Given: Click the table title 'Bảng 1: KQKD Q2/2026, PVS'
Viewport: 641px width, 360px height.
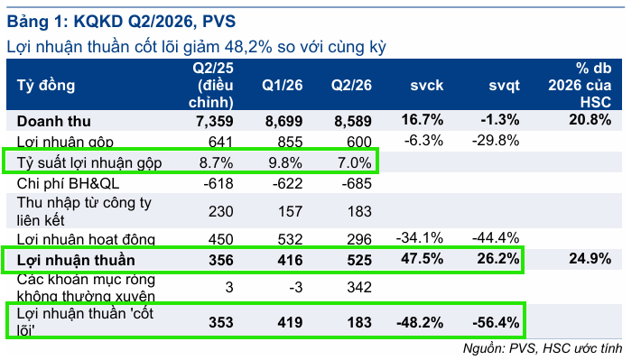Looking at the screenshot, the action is tap(121, 22).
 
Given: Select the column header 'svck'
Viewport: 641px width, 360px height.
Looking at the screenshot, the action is tap(427, 85).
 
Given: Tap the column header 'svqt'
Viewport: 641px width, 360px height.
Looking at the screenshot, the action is tap(504, 85).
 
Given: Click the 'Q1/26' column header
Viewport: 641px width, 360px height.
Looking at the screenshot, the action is tap(282, 85).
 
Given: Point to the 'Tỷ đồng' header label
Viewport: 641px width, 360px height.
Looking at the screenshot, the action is tap(46, 86).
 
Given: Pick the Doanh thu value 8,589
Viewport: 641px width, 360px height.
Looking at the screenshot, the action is tap(353, 122).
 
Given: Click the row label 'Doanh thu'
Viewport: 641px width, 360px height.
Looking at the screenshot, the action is tap(53, 122).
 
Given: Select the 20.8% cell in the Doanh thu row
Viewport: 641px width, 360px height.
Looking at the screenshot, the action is tap(590, 120).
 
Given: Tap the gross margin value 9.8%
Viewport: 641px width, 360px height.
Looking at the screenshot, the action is tap(285, 162).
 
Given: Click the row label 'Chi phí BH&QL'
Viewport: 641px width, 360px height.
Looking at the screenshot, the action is tap(68, 183).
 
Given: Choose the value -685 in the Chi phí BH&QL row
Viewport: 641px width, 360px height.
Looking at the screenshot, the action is tap(357, 183).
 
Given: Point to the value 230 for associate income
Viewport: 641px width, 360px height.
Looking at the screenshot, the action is tap(221, 211).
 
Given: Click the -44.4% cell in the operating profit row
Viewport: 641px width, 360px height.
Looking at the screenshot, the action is tap(496, 237).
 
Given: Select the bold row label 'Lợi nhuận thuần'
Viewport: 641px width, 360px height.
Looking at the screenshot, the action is tap(76, 260).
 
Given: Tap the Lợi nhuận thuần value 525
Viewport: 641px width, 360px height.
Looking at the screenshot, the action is tap(359, 260).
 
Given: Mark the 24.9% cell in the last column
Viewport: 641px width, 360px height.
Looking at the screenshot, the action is tap(590, 258).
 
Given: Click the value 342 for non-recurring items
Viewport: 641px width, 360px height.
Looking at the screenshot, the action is tap(359, 287).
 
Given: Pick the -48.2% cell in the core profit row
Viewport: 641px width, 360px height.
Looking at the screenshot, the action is tap(420, 322).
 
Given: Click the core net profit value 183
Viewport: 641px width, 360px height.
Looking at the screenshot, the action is tap(359, 322).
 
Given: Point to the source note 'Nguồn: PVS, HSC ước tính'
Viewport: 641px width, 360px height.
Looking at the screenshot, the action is tap(543, 348).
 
